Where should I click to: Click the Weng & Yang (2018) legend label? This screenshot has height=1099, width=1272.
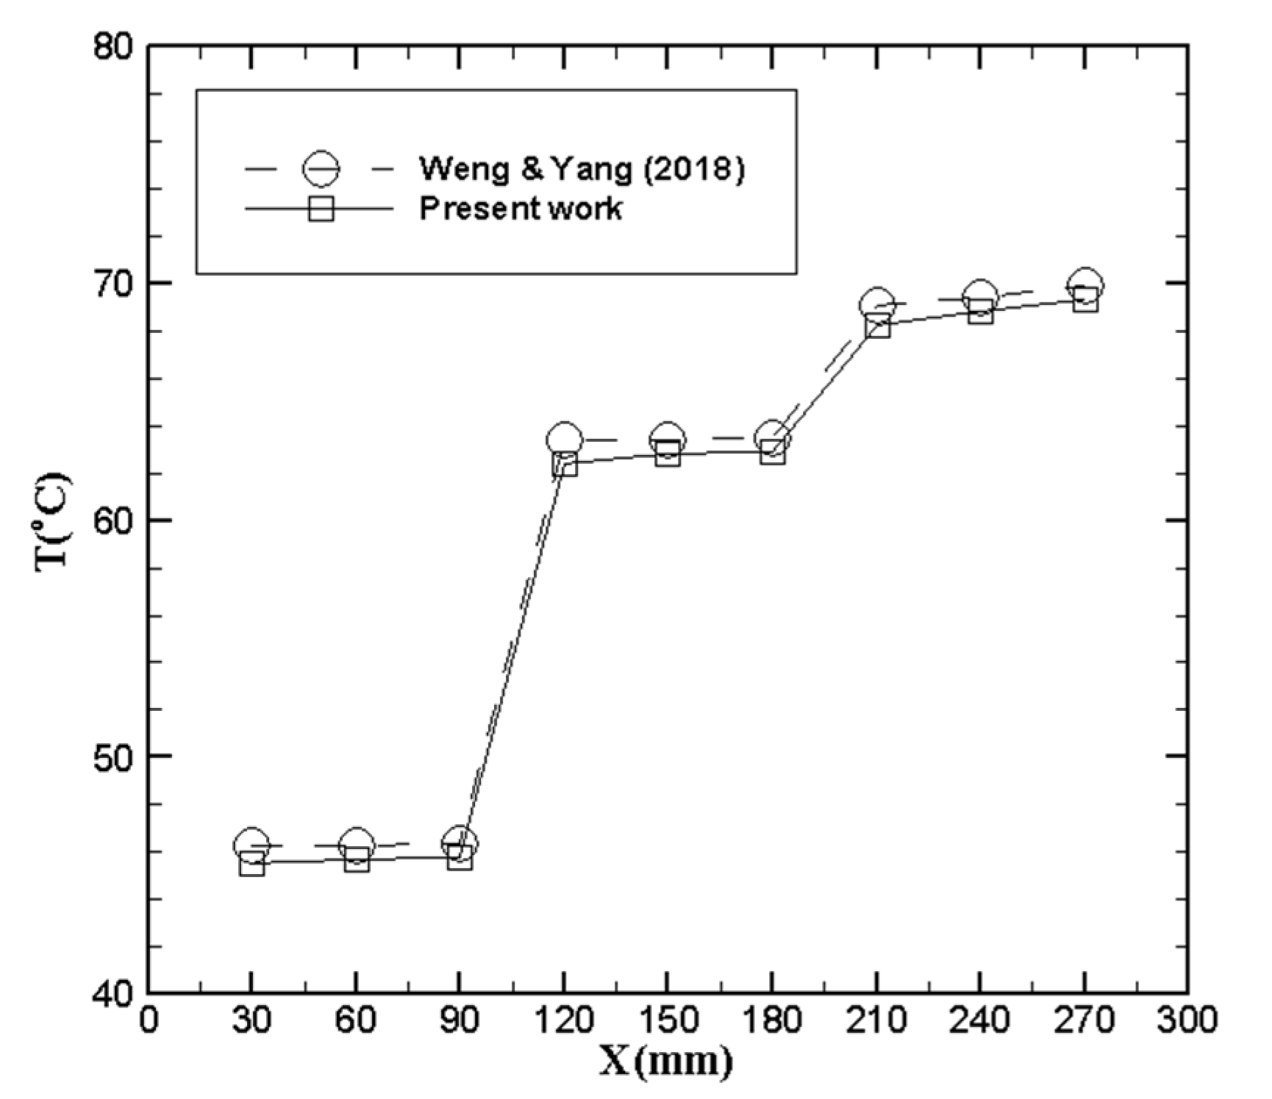click(582, 170)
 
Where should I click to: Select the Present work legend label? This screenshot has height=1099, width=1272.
click(520, 209)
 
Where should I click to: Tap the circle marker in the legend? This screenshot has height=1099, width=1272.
click(321, 170)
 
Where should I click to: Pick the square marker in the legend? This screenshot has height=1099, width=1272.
click(321, 209)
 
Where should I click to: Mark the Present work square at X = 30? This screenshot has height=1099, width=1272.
click(252, 864)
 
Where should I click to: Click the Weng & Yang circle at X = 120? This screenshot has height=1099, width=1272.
click(564, 440)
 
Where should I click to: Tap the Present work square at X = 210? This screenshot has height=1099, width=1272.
click(877, 325)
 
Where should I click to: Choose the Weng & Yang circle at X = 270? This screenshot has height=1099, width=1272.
click(1085, 285)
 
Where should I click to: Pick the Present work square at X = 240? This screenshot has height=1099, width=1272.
click(981, 312)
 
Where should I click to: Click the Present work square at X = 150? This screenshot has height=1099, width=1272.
click(668, 454)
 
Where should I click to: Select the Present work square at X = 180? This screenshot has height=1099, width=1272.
click(772, 452)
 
